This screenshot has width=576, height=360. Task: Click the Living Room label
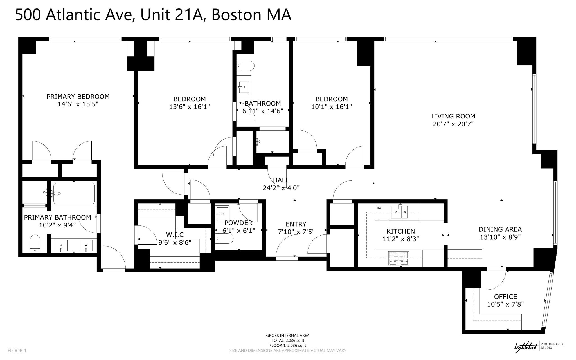tap(453, 116)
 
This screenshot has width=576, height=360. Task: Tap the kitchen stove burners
tap(399, 258)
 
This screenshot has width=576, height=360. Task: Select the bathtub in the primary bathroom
tap(74, 193)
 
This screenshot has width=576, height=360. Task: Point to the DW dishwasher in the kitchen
tap(383, 212)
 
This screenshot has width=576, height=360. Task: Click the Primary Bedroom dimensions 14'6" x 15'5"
tap(78, 104)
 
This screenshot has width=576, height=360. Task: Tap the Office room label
tap(505, 297)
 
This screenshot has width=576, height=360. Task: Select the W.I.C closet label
tap(175, 235)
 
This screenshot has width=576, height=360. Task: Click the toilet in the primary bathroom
tap(35, 243)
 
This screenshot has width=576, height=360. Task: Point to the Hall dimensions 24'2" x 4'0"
tap(281, 188)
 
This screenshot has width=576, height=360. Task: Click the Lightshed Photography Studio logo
tap(538, 347)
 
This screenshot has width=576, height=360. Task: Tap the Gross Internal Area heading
tap(288, 336)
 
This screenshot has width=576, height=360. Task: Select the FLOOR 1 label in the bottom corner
tap(17, 351)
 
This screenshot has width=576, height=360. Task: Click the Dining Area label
tap(500, 229)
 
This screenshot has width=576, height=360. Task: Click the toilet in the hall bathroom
tap(245, 66)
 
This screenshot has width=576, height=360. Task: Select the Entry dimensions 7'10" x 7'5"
tap(296, 232)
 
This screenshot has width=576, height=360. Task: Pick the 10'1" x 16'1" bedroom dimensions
tap(332, 107)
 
